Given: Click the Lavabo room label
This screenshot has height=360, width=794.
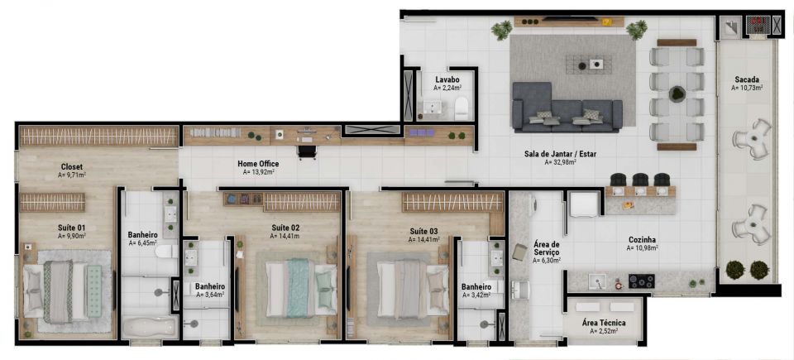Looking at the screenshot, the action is (x=447, y=79).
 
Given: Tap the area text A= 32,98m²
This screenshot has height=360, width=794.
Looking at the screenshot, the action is (x=561, y=163).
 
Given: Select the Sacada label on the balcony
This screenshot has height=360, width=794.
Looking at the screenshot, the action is (x=747, y=79).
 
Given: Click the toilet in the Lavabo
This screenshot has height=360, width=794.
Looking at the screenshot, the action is (x=462, y=108).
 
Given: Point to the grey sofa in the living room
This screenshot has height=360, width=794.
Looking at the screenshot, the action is (x=567, y=108).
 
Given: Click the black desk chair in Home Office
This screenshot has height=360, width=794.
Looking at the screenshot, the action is (x=308, y=151).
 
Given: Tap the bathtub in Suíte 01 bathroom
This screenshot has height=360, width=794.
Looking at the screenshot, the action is (x=150, y=327).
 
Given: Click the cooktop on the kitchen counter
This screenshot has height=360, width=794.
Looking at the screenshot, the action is (x=641, y=281).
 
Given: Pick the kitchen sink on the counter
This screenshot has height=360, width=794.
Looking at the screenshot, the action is (x=597, y=281).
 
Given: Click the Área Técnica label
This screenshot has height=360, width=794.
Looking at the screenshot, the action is (x=604, y=323).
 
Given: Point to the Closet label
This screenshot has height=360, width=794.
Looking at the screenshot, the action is (x=71, y=167).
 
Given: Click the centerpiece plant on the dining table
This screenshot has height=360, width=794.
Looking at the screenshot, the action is (x=677, y=94).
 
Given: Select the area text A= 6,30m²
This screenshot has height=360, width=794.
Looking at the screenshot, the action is (x=547, y=261).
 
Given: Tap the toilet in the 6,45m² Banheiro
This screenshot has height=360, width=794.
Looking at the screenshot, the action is (x=166, y=252).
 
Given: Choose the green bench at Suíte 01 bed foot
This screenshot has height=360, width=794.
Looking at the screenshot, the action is (x=94, y=290).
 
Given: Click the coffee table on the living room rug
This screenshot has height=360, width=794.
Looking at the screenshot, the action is (x=588, y=65).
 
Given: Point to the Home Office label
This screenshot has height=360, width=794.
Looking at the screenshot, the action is (x=258, y=164).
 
